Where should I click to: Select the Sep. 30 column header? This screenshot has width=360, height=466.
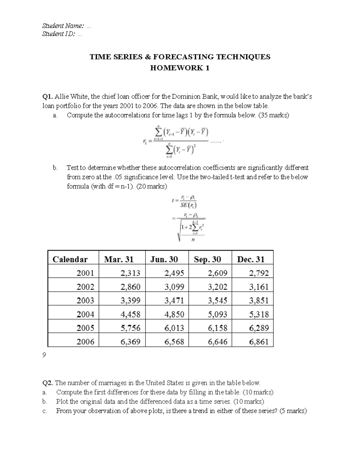point(207,259)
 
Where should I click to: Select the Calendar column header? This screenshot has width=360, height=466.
point(70,259)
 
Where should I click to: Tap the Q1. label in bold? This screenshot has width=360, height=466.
point(48,97)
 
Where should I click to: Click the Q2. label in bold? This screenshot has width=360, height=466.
point(48,383)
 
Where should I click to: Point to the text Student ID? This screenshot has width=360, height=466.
point(59,34)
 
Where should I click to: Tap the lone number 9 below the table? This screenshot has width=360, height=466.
point(44,355)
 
